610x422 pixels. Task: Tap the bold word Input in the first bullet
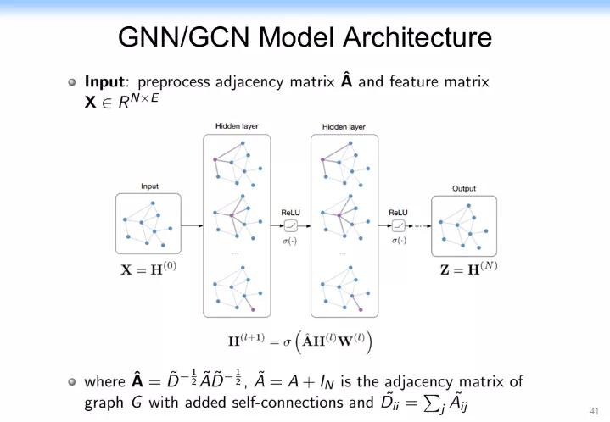point(105,82)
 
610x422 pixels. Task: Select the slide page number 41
point(593,411)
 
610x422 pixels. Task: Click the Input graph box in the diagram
point(148,225)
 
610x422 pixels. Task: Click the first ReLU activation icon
point(291,225)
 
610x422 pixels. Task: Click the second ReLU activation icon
point(398,225)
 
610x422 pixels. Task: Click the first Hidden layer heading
point(237,126)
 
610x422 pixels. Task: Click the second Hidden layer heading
point(344,126)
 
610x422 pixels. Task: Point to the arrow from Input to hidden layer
point(193,225)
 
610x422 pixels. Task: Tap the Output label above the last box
point(464,188)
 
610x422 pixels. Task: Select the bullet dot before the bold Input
point(73,83)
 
